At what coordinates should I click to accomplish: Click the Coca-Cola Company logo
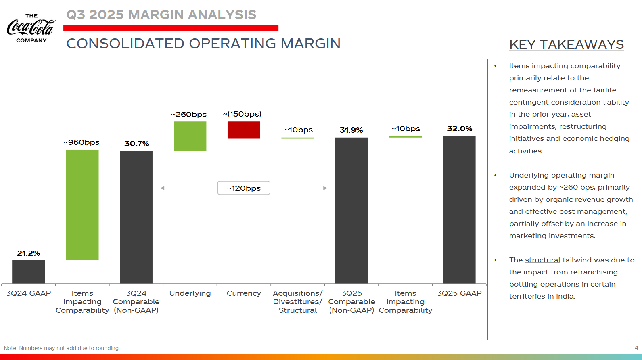pyautogui.click(x=31, y=28)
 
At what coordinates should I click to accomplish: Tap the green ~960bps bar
pyautogui.click(x=82, y=205)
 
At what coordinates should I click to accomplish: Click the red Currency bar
pyautogui.click(x=244, y=130)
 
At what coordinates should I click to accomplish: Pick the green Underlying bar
pyautogui.click(x=190, y=136)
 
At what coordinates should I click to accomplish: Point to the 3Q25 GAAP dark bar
pyautogui.click(x=459, y=210)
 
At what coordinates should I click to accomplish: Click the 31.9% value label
pyautogui.click(x=351, y=130)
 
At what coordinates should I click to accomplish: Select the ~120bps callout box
pyautogui.click(x=244, y=188)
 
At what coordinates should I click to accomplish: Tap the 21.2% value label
pyautogui.click(x=28, y=253)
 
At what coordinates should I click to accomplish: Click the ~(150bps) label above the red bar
pyautogui.click(x=242, y=114)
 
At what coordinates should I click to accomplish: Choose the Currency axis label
pyautogui.click(x=244, y=293)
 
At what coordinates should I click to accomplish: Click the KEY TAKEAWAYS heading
pyautogui.click(x=567, y=44)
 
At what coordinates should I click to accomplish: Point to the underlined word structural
pyautogui.click(x=542, y=260)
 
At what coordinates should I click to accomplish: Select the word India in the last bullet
pyautogui.click(x=565, y=296)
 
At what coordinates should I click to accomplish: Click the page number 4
pyautogui.click(x=636, y=348)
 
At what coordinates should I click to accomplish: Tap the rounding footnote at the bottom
pyautogui.click(x=62, y=348)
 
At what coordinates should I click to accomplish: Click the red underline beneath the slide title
pyautogui.click(x=171, y=28)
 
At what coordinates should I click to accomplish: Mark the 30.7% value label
pyautogui.click(x=136, y=144)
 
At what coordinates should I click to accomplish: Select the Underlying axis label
pyautogui.click(x=190, y=293)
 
